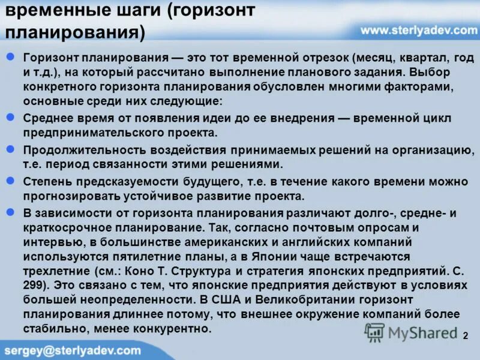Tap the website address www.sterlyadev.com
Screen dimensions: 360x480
coord(419,29)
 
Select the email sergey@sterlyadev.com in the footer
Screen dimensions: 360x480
coord(73,350)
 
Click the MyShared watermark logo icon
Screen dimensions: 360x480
coord(375,332)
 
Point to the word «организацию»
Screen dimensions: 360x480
coord(437,150)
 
